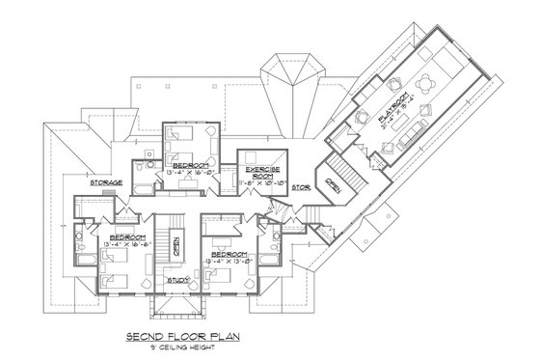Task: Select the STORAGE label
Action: tap(105, 181)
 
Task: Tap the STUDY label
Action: tap(177, 280)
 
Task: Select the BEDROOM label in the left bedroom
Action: tap(127, 236)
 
